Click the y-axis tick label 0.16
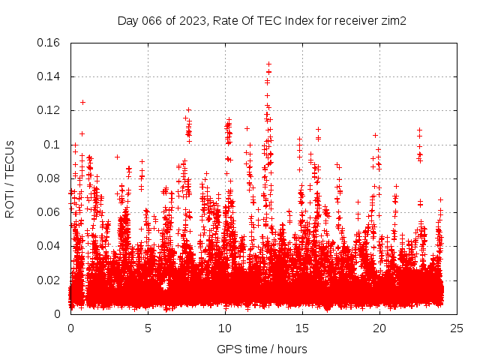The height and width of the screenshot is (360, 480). [x=49, y=43]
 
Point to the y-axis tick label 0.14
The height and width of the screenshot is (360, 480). [x=49, y=76]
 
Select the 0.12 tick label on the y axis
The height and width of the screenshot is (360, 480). [x=49, y=110]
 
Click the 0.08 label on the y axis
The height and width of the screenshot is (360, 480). [x=49, y=178]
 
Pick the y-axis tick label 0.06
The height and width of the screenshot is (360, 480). [x=49, y=212]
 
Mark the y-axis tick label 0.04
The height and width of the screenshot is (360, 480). [x=49, y=246]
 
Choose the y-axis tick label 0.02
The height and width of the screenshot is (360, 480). [x=49, y=280]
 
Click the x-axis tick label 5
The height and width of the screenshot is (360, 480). [x=148, y=328]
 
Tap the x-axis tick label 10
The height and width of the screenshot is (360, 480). [x=226, y=328]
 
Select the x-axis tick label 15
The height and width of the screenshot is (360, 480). [x=303, y=328]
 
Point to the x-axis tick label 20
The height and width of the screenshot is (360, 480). [x=380, y=328]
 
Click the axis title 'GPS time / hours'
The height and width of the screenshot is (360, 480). [x=262, y=349]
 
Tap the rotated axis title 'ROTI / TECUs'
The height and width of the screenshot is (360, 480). [x=10, y=178]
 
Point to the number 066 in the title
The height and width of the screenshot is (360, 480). [x=153, y=21]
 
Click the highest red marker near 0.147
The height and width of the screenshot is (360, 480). [x=268, y=64]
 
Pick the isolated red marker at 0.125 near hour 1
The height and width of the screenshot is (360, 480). [x=82, y=102]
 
